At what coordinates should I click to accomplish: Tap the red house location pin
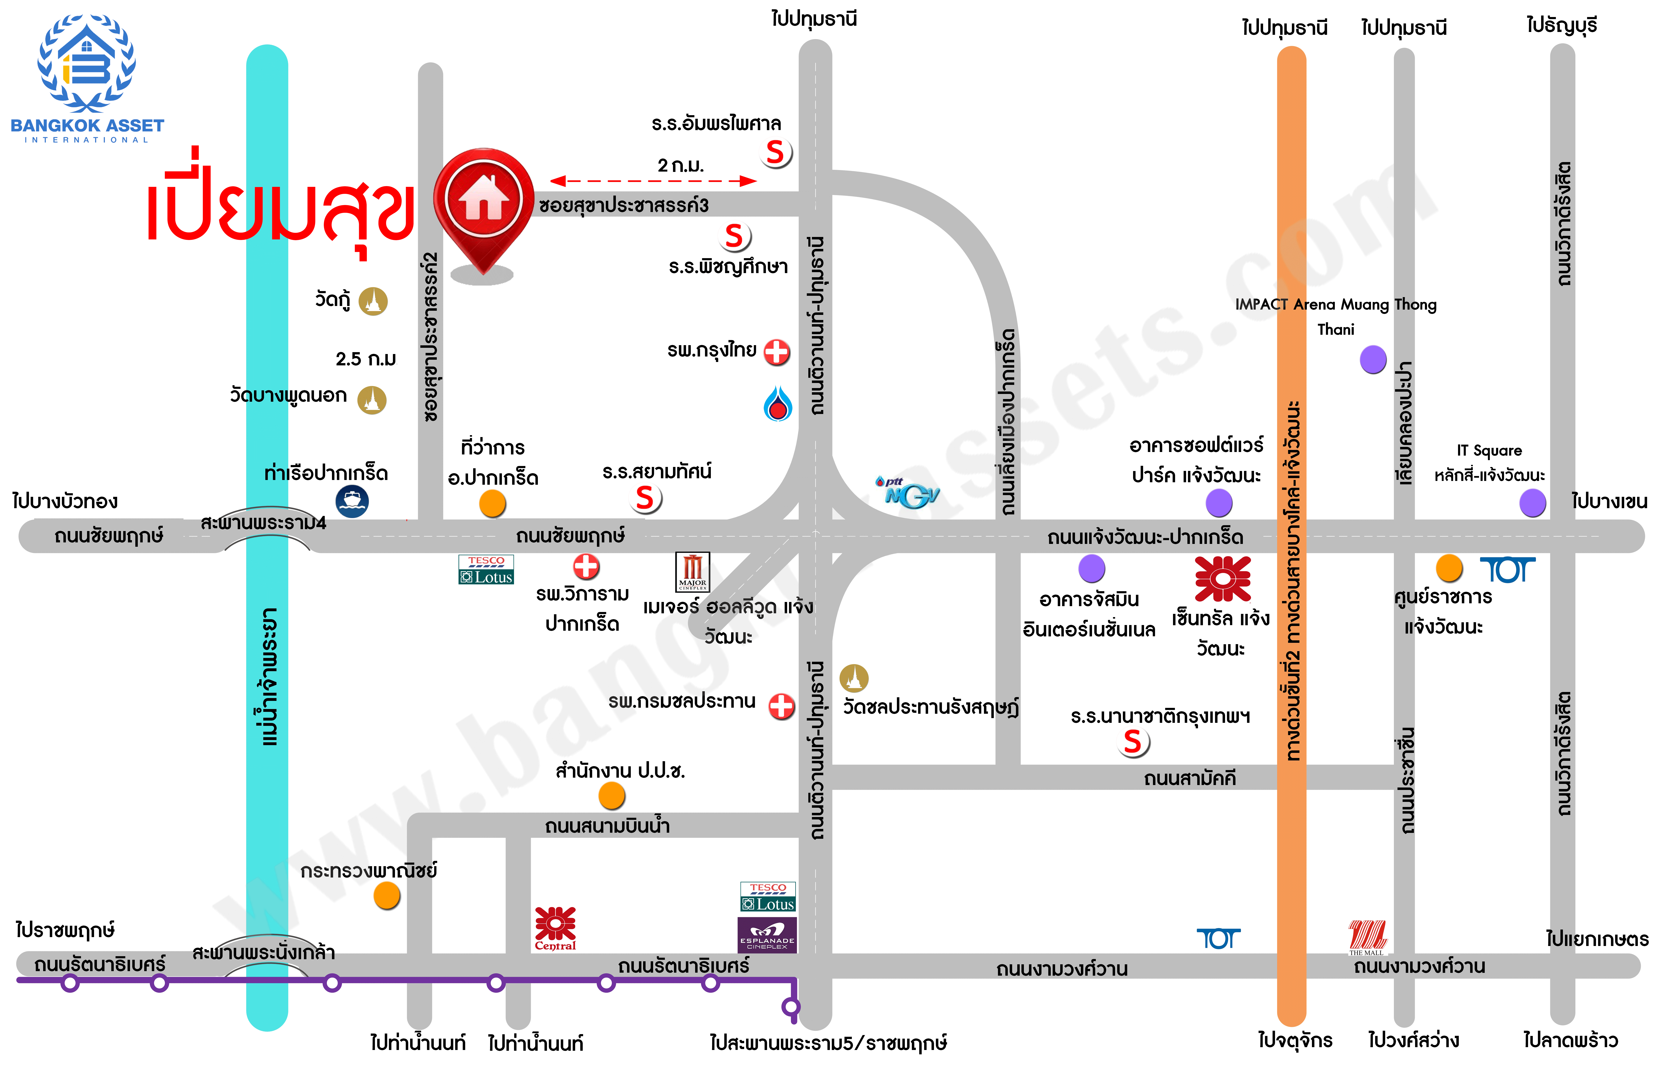[x=484, y=203]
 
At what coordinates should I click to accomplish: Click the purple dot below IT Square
[x=1532, y=503]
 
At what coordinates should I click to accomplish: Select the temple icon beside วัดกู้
[x=373, y=301]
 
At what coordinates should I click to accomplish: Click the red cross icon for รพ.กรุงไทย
[x=776, y=352]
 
